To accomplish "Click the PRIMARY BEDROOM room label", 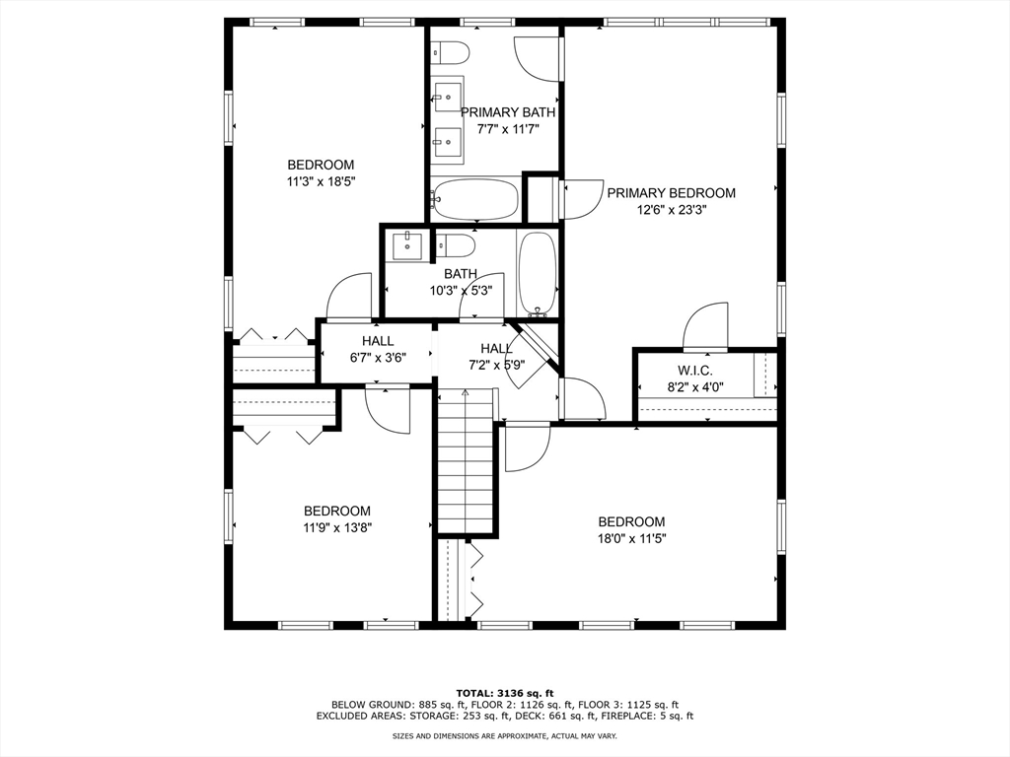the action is [x=671, y=193].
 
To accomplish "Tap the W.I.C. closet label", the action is [x=695, y=371].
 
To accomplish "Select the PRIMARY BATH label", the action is [x=508, y=112].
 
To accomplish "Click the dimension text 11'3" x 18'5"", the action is [x=322, y=181].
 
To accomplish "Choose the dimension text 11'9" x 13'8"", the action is [x=337, y=528].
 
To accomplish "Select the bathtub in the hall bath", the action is [x=538, y=274].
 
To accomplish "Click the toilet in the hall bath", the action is [x=456, y=245].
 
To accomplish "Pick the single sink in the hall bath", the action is [x=406, y=246].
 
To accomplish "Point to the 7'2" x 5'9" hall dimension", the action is [x=497, y=365].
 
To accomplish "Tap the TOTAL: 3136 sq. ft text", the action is [x=505, y=693].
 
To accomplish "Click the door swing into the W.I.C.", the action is [x=705, y=325].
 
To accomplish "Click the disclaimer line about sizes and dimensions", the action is [x=505, y=735].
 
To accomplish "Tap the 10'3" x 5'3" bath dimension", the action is [x=462, y=291].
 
